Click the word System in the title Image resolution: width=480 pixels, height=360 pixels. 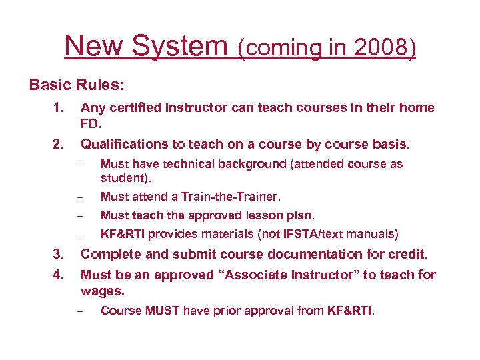pyautogui.click(x=179, y=47)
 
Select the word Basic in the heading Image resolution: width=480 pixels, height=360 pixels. pyautogui.click(x=49, y=86)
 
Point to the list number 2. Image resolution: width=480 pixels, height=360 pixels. pyautogui.click(x=59, y=144)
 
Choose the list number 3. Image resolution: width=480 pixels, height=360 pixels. pyautogui.click(x=59, y=254)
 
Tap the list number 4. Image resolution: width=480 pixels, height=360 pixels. pyautogui.click(x=59, y=275)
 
